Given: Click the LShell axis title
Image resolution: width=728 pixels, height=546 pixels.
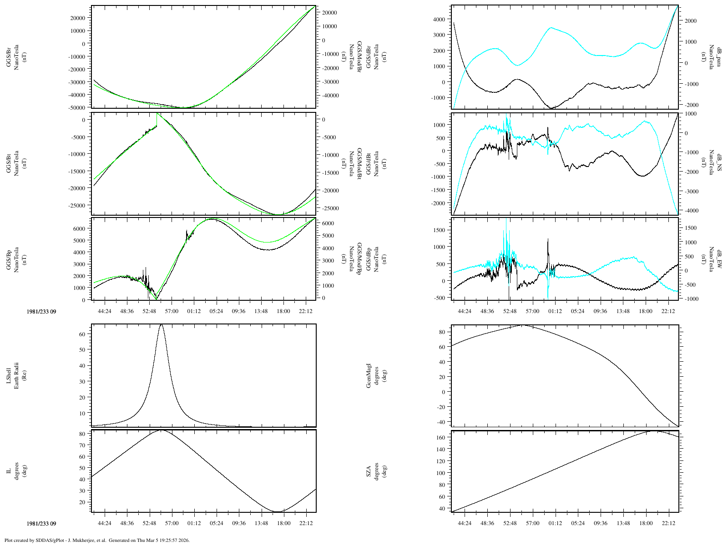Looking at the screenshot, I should (16, 376).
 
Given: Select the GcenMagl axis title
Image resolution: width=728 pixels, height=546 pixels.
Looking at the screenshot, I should (377, 376).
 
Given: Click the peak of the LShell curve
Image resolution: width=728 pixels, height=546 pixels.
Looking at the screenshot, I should (161, 324).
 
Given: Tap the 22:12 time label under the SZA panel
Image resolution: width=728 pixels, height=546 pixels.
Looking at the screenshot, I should (668, 523).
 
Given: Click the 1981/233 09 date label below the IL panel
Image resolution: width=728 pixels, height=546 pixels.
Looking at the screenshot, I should (41, 524).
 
